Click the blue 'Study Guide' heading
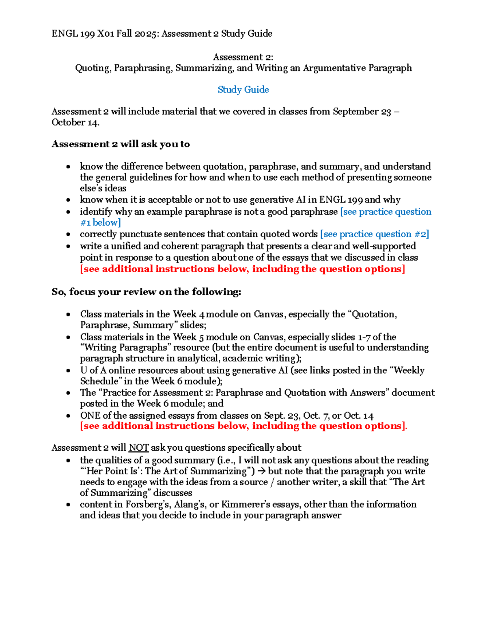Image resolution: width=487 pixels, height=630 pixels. coord(243,90)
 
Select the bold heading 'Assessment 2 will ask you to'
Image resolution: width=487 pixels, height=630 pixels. coord(121,144)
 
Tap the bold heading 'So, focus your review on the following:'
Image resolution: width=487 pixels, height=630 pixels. coord(146,292)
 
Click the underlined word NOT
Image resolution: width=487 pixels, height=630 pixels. coord(138,448)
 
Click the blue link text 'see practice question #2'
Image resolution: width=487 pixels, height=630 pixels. coord(374,234)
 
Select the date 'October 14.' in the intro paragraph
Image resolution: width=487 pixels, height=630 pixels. coord(75,123)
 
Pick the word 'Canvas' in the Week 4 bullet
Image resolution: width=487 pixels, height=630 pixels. coord(268,314)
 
